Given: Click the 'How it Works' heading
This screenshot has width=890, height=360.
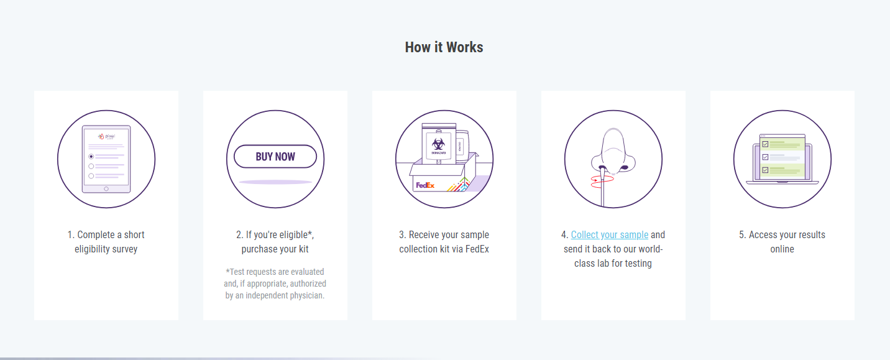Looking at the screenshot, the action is (444, 47).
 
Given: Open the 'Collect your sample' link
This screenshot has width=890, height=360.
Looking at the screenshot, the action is (610, 235).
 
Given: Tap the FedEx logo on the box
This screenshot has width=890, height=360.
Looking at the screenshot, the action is (425, 185).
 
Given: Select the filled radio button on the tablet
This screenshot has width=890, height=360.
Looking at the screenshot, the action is (91, 157).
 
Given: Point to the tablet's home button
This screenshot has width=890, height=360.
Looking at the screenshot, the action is (106, 189).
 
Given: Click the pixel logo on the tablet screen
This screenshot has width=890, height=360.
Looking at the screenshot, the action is (106, 136).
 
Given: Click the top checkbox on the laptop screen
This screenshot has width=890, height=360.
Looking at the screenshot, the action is (765, 144).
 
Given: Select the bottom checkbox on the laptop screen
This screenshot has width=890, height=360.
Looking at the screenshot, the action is (765, 170).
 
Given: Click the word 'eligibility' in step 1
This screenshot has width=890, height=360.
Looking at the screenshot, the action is (91, 249).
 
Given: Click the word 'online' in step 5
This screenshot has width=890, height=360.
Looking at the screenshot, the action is (782, 249).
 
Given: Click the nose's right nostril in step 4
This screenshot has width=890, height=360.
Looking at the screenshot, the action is (625, 167).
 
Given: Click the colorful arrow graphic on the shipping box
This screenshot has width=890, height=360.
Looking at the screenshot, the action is (459, 185).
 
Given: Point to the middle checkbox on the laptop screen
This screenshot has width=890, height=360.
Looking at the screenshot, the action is (765, 157).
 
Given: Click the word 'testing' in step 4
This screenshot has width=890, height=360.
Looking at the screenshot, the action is (640, 264).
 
